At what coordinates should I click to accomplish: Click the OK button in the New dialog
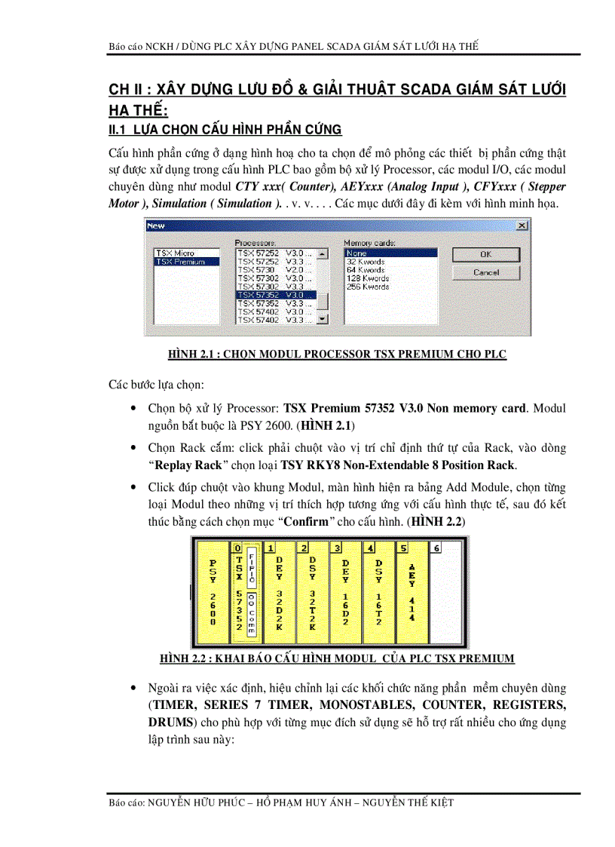click(485, 254)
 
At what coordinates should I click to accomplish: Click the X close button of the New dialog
click(522, 226)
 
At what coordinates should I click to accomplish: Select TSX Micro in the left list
click(175, 253)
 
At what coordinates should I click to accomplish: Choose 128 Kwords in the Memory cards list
click(367, 278)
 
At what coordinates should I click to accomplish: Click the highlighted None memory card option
click(357, 253)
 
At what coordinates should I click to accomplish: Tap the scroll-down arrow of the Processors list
click(323, 320)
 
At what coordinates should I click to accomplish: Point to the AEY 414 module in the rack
click(412, 592)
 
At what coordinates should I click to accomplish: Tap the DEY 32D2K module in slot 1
click(279, 592)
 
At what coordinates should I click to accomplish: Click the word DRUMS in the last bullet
click(171, 722)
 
